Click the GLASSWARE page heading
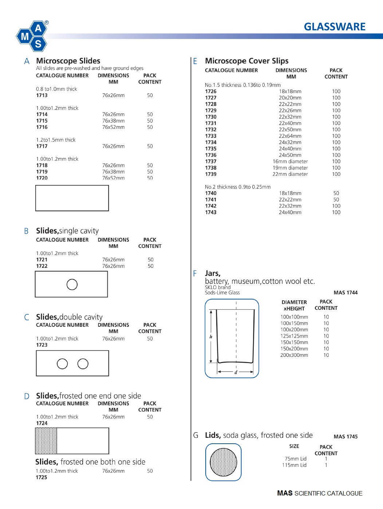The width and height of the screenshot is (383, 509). click(x=335, y=27)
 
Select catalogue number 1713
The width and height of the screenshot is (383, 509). click(x=42, y=95)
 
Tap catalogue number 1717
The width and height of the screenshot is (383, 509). click(x=42, y=146)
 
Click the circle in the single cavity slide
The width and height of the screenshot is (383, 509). click(x=72, y=285)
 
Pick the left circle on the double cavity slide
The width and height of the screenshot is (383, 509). click(x=62, y=364)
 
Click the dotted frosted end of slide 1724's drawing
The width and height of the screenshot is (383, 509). click(x=46, y=441)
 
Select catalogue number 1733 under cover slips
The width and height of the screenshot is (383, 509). click(x=211, y=136)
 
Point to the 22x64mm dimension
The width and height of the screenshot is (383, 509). click(x=290, y=136)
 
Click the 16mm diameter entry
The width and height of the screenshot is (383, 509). click(x=290, y=162)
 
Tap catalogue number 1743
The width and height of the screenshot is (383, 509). click(x=211, y=212)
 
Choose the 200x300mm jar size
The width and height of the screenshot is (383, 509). click(x=294, y=355)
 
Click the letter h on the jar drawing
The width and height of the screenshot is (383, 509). click(x=211, y=337)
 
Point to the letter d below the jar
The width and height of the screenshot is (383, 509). click(x=236, y=373)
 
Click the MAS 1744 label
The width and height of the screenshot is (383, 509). click(x=346, y=293)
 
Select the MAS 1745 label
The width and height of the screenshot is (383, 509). click(x=346, y=437)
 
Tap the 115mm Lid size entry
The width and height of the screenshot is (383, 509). click(x=294, y=465)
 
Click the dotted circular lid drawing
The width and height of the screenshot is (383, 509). click(x=224, y=462)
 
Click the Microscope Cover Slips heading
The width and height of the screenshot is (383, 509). click(x=246, y=61)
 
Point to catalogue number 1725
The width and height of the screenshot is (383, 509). click(x=42, y=477)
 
